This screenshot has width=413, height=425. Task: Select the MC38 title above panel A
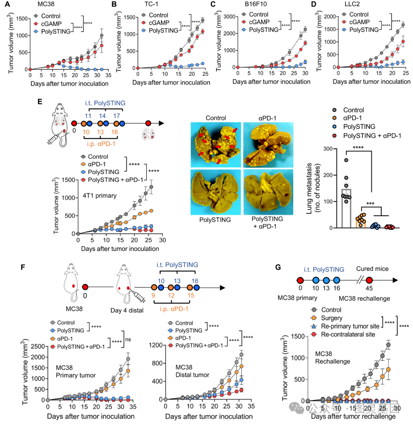37,5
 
